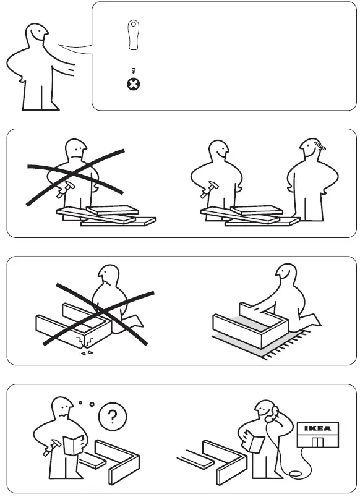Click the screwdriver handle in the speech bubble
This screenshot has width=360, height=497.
(132, 35)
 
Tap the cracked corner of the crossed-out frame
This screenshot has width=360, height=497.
(81, 342)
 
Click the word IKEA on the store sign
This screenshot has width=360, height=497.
(317, 428)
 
